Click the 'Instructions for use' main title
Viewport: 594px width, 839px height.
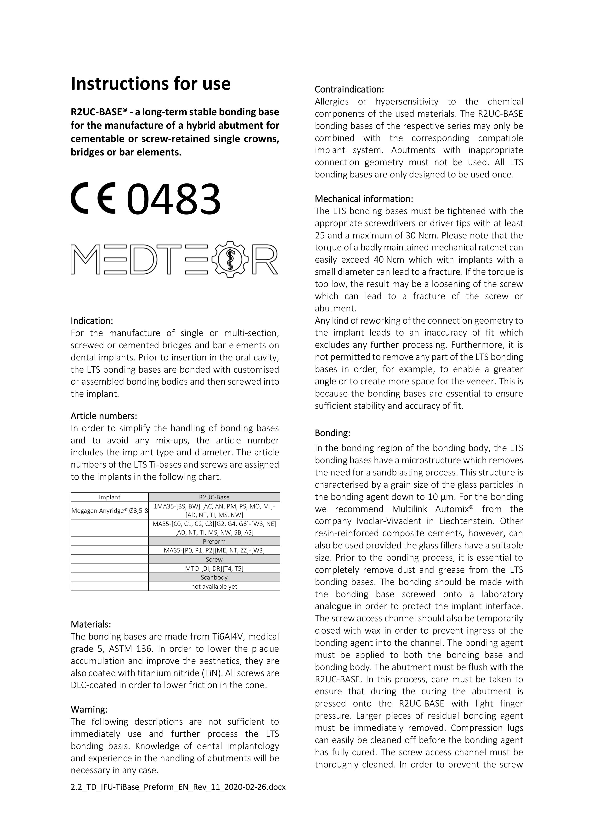(x=150, y=84)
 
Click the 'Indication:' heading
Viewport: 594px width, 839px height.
(x=91, y=321)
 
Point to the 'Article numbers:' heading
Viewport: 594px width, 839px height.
(x=104, y=416)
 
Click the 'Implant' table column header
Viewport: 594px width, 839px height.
(x=109, y=497)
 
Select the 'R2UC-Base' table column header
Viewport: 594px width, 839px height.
(x=214, y=497)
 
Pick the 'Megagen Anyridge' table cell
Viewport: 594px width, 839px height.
(x=109, y=510)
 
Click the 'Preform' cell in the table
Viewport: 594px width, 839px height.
(x=214, y=541)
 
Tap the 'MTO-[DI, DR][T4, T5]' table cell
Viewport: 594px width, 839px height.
(x=214, y=568)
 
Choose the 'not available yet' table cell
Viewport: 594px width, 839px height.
(x=214, y=586)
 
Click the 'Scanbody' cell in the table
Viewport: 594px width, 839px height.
(x=214, y=577)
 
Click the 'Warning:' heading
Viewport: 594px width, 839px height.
(x=89, y=709)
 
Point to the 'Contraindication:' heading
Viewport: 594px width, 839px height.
(x=349, y=89)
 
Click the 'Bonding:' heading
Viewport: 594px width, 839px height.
(x=333, y=433)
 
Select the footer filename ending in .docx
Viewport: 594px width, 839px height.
(x=178, y=787)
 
